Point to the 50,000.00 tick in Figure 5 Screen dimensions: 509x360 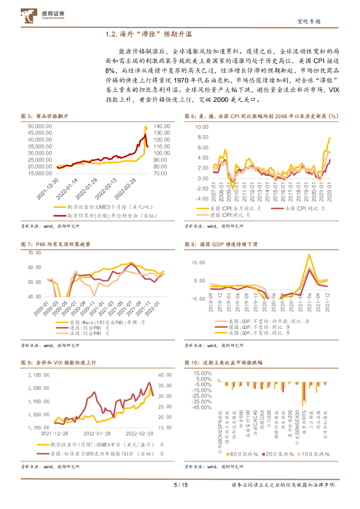click(39, 126)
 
